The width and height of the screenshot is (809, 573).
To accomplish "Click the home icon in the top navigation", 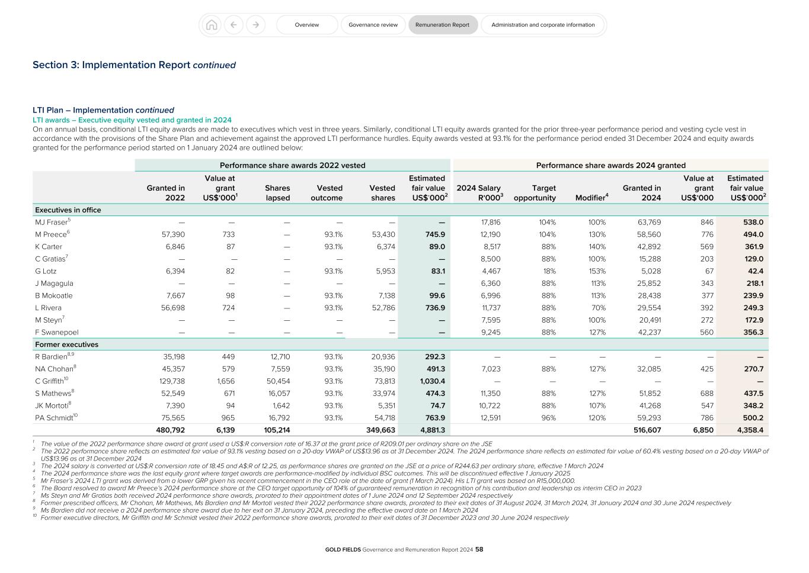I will point(211,25).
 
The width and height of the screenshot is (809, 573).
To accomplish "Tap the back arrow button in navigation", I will point(234,25).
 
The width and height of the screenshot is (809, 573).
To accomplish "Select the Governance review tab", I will point(373,25).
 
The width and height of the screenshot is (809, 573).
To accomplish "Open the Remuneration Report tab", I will point(442,25).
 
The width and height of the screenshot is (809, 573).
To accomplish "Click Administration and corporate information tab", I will point(543,25).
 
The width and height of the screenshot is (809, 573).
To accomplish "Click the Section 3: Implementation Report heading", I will point(134,65).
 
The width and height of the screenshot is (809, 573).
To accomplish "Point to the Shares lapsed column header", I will point(277,193).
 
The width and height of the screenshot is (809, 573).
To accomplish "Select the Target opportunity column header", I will point(535,193).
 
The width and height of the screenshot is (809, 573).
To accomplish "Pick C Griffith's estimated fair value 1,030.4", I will point(431,381).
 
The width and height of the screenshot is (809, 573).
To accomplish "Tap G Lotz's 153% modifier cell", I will point(597,271).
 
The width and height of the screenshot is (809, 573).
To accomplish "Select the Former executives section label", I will point(66,345).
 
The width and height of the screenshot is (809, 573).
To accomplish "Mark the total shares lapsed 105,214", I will point(277,430).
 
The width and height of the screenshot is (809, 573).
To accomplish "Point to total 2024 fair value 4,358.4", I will point(750,430).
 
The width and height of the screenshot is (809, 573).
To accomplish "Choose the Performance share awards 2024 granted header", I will point(610,166).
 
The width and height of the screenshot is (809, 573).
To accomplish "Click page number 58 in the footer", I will point(479,549).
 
